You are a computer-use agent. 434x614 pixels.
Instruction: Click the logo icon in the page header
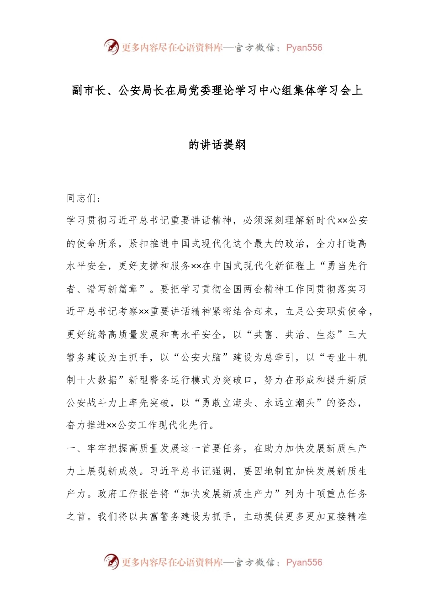111,47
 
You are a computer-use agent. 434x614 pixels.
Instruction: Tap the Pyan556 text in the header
304,48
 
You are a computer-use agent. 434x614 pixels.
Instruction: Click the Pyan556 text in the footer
304,562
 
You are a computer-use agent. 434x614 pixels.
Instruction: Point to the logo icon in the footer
111,561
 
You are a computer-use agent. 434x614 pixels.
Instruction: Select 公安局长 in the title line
141,90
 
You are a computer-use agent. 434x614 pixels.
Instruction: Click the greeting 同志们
82,198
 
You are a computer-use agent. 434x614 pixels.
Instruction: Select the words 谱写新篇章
113,289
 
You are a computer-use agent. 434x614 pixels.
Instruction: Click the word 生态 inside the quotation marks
326,335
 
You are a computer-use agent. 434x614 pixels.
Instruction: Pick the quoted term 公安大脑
201,357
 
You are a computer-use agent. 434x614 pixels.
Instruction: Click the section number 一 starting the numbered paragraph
72,448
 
